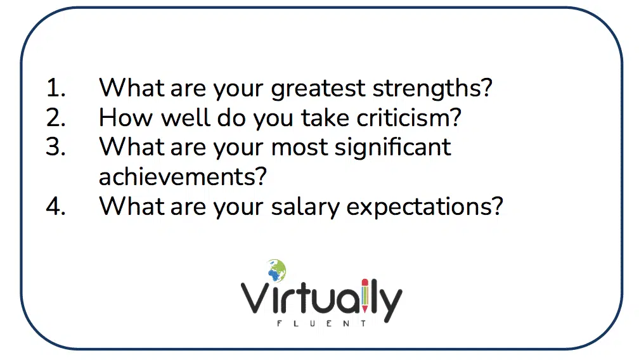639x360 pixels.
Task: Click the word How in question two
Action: click(126, 118)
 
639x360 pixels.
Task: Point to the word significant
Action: click(392, 148)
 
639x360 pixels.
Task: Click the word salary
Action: click(305, 207)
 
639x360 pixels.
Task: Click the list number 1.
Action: click(55, 88)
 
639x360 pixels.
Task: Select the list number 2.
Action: click(55, 118)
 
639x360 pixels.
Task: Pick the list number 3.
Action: click(55, 147)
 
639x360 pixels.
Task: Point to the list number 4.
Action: click(55, 207)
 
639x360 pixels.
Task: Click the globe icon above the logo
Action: click(277, 269)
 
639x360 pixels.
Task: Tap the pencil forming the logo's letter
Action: click(365, 296)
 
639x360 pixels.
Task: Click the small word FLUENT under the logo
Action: click(321, 324)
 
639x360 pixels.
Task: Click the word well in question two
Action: click(186, 118)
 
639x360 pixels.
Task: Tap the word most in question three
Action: click(299, 148)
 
